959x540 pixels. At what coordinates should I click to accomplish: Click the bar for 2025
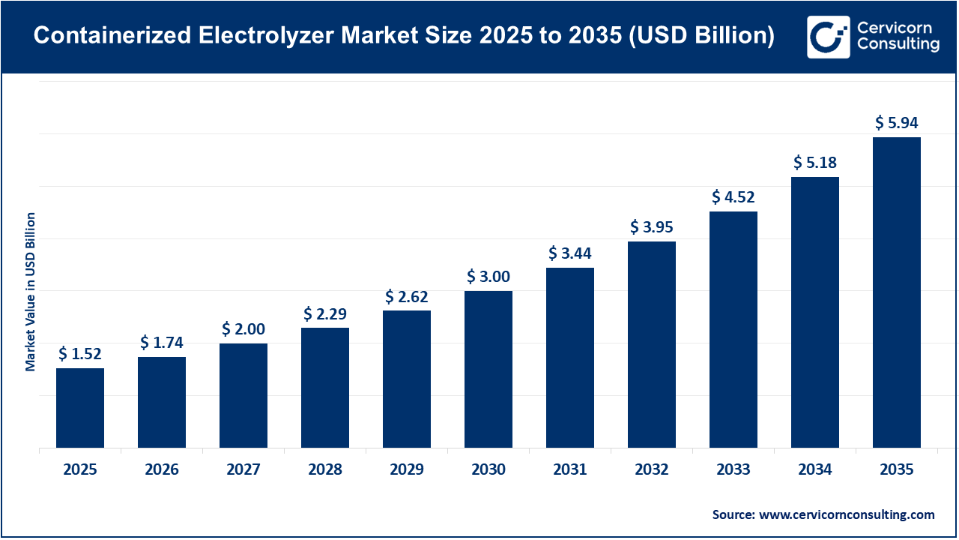tap(80, 408)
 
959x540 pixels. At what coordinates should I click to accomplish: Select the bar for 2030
tap(488, 369)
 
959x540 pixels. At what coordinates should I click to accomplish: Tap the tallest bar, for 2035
tap(897, 292)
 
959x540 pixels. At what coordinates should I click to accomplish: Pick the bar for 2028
tap(325, 388)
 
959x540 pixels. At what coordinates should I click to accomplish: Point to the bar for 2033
tap(733, 329)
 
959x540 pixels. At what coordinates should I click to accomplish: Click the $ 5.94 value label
tap(897, 123)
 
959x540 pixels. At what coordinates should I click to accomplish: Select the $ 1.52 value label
tap(80, 353)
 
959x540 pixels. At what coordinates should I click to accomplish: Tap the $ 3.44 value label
tap(570, 253)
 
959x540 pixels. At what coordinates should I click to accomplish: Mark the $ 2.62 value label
tap(407, 296)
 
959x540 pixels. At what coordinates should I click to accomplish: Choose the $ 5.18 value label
tap(815, 162)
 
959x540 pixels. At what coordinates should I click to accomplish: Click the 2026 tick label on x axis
tap(162, 469)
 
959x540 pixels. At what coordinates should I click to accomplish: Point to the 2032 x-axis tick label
tap(652, 469)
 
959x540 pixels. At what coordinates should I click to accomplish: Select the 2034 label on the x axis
tap(815, 469)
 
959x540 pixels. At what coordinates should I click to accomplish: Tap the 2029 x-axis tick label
tap(407, 469)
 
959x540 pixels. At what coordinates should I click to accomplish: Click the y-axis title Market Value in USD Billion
tap(31, 292)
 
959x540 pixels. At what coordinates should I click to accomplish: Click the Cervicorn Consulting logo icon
tap(828, 37)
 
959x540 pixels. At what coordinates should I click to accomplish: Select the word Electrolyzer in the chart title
tap(267, 36)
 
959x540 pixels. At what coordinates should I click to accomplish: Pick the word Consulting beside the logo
tap(898, 45)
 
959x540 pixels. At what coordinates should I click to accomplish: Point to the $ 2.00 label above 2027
tap(243, 328)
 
